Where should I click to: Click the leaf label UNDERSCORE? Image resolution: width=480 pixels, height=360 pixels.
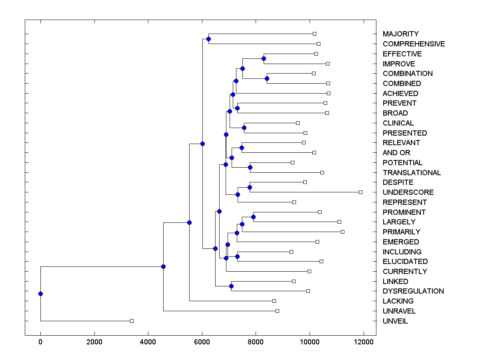(408, 192)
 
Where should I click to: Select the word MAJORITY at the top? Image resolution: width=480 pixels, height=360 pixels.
(400, 34)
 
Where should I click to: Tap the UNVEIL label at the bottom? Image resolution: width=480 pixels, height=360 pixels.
(395, 321)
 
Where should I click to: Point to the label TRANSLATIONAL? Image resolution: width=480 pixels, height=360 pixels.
(412, 173)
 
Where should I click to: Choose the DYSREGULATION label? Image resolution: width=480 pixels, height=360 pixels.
(413, 291)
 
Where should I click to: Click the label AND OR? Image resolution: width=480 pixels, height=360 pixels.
(396, 153)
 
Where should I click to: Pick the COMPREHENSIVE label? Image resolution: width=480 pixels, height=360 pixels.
(414, 44)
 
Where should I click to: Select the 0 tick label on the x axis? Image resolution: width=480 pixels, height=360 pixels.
(40, 342)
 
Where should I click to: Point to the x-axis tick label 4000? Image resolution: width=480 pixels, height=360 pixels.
(148, 342)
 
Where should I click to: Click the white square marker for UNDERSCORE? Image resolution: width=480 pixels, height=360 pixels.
(360, 192)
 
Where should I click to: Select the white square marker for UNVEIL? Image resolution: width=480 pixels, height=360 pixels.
(132, 321)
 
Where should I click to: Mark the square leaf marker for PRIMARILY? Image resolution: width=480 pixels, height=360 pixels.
(342, 232)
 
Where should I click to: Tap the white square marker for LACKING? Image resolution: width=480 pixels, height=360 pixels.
(274, 301)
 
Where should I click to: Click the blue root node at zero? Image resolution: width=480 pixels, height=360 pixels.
(40, 294)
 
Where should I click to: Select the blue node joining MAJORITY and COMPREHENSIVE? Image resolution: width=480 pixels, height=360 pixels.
(208, 39)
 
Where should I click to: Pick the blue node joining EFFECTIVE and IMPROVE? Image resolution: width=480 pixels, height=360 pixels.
(264, 59)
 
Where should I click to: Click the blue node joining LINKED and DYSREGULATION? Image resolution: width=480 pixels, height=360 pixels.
(231, 286)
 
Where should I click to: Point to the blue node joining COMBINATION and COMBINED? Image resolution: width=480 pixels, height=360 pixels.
(267, 78)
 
